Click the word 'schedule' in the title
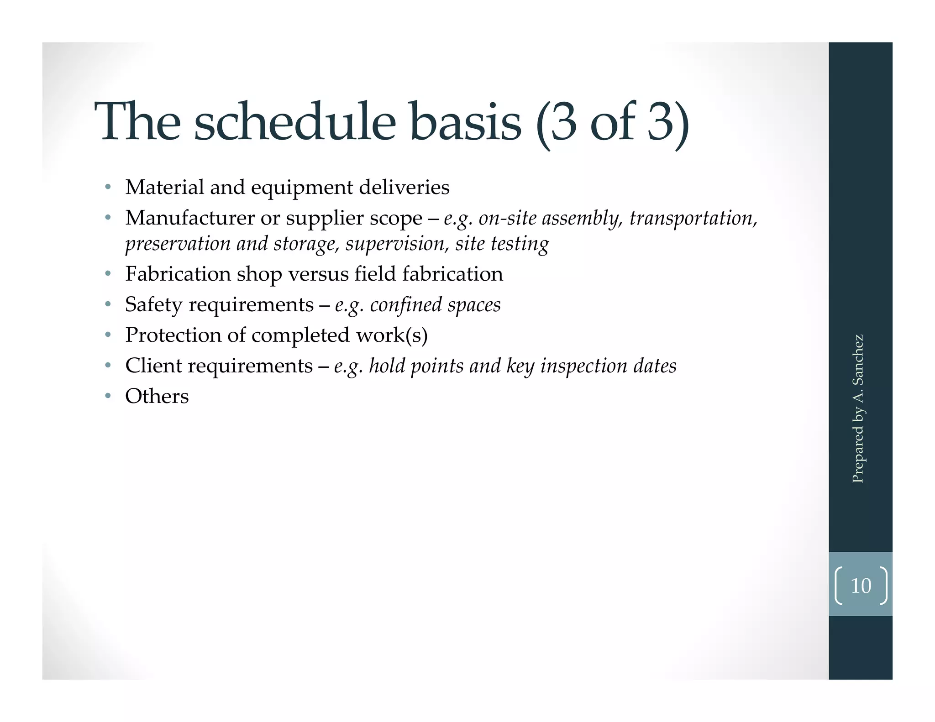(294, 122)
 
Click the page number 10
(861, 586)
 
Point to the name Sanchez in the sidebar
(858, 361)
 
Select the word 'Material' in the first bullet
(164, 187)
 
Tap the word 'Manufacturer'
(190, 218)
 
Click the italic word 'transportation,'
(693, 218)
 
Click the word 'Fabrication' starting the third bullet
(178, 274)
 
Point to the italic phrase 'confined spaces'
(435, 304)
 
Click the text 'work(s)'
(392, 335)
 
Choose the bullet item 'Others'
(157, 396)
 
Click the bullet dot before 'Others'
(108, 396)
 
